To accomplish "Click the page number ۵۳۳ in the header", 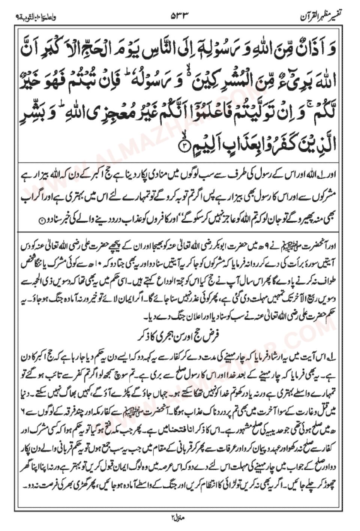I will [x=179, y=16].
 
